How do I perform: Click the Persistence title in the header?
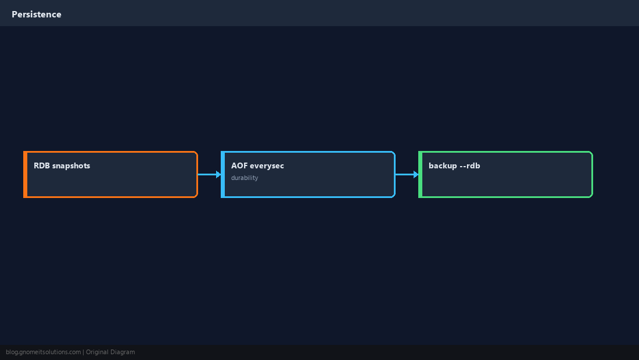[x=37, y=15]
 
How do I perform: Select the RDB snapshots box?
[x=110, y=174]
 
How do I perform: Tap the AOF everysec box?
[x=308, y=174]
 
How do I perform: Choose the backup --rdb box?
[x=506, y=174]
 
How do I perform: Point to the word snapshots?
[x=71, y=166]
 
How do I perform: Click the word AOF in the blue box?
[x=239, y=165]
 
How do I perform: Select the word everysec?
[x=267, y=166]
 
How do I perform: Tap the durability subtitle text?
[x=245, y=178]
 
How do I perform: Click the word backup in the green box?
[x=443, y=166]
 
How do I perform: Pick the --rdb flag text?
[x=469, y=165]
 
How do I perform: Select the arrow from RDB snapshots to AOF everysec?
[x=210, y=174]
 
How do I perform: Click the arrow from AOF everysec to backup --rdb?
[x=407, y=174]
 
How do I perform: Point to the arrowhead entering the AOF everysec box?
[x=218, y=174]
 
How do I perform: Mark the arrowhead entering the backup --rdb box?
[x=416, y=174]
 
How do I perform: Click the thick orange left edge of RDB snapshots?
[x=25, y=174]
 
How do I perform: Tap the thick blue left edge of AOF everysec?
[x=223, y=174]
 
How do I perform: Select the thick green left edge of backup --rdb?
[x=421, y=174]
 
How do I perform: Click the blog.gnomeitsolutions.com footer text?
[x=43, y=352]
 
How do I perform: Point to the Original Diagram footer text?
[x=110, y=352]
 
